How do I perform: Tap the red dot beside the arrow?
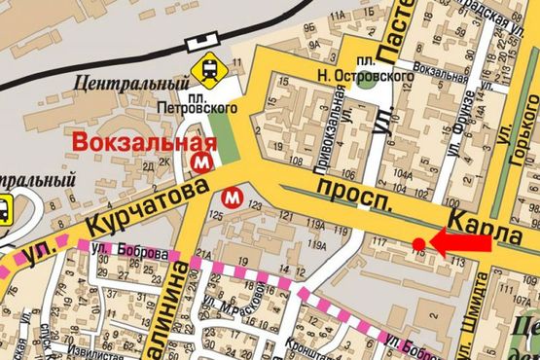pos(418,243)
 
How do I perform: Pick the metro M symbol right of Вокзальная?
pos(203,157)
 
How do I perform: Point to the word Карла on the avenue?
pos(499,218)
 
